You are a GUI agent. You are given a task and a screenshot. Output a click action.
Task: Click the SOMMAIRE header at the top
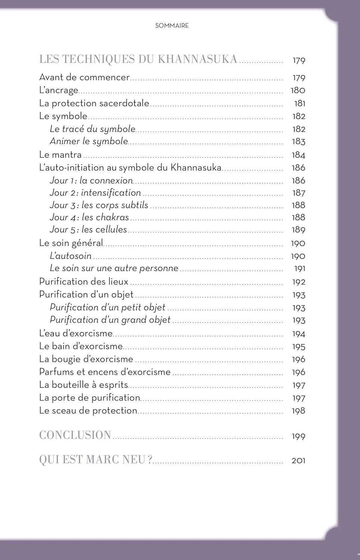click(172, 26)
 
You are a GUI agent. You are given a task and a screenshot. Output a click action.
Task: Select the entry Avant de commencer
click(84, 77)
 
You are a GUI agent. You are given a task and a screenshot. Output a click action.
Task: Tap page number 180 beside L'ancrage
click(298, 90)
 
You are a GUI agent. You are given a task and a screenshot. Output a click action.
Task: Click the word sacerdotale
click(124, 103)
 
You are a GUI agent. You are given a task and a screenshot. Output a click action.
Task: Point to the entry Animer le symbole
click(89, 141)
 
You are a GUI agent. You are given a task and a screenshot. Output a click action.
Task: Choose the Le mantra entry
click(60, 155)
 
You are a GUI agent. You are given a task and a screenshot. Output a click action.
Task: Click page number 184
click(298, 155)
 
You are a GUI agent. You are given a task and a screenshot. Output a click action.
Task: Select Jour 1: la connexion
click(91, 180)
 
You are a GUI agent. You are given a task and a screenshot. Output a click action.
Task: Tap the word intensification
click(111, 193)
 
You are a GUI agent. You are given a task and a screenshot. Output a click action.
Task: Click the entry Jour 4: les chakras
click(89, 217)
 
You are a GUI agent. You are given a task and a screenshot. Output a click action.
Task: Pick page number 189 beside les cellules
click(298, 230)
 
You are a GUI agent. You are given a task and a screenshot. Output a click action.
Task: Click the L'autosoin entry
click(71, 256)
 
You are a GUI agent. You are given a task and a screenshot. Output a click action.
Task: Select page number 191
click(300, 268)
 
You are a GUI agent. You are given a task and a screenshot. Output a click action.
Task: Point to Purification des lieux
click(84, 281)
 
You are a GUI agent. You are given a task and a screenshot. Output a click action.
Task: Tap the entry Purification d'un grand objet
click(110, 320)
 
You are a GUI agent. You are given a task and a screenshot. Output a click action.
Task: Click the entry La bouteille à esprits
click(84, 385)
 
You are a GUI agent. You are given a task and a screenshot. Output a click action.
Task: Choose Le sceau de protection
click(88, 411)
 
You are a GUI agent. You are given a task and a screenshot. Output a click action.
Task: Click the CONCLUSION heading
click(75, 435)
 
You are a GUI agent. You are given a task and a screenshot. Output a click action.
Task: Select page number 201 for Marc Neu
click(298, 461)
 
